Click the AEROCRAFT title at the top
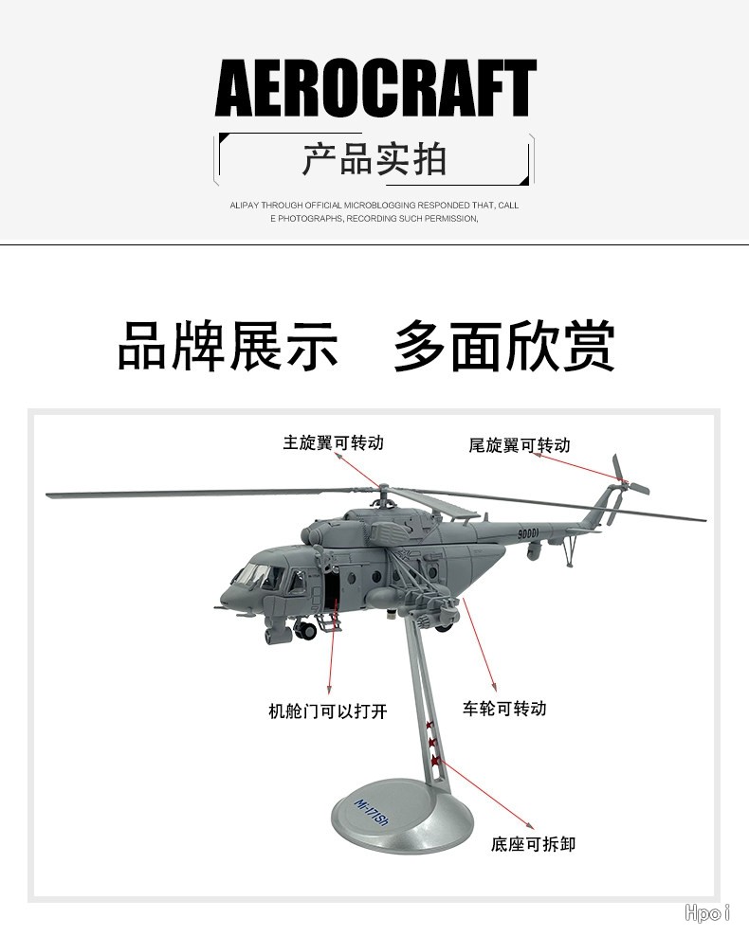click(375, 88)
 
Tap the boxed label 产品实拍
click(374, 159)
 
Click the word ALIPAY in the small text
click(245, 206)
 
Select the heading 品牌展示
click(228, 346)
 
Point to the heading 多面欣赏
click(504, 346)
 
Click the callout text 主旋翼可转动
click(333, 443)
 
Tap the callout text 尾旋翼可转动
click(519, 445)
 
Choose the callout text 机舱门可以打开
click(328, 711)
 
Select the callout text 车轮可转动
click(504, 709)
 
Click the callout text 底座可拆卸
click(533, 844)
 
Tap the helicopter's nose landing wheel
click(305, 630)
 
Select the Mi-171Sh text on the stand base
click(372, 813)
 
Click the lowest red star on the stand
click(436, 761)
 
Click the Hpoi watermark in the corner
click(707, 912)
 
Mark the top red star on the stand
click(429, 726)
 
